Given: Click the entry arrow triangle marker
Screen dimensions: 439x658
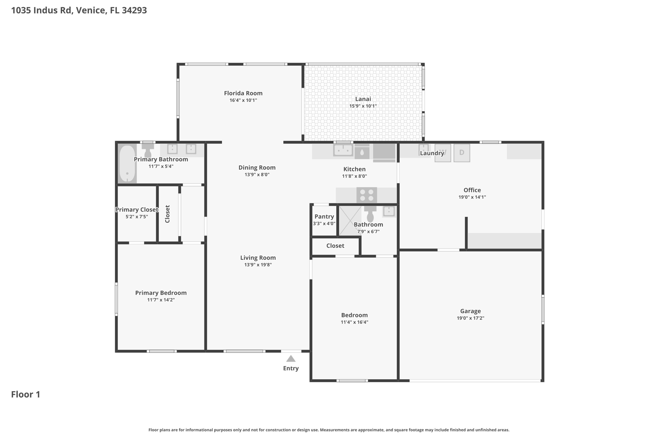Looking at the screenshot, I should tap(291, 359).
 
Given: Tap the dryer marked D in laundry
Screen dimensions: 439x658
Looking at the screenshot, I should tap(462, 153).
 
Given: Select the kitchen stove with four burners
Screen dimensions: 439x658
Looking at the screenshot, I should tap(367, 195).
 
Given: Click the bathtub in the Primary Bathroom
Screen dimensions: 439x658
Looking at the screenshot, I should tap(127, 163).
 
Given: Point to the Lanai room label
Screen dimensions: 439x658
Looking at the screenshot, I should tap(363, 99).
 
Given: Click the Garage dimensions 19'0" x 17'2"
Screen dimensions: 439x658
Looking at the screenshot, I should tap(470, 318).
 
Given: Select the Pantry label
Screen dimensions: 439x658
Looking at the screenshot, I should tap(324, 216).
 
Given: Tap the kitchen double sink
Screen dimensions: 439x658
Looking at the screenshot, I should tap(343, 150).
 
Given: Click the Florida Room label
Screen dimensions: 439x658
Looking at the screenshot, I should tap(243, 93).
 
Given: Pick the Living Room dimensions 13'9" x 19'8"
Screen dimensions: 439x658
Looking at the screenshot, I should tap(258, 265).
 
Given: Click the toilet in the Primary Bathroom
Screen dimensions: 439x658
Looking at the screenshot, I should tap(148, 150).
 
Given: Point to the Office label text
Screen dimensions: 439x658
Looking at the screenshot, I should tap(472, 190).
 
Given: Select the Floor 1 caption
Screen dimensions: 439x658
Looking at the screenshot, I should tap(26, 394).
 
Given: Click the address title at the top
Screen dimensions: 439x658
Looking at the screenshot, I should tap(79, 10).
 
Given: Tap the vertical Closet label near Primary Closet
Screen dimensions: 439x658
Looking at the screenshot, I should tap(167, 214).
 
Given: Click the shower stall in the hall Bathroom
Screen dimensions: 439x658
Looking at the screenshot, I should tap(349, 220).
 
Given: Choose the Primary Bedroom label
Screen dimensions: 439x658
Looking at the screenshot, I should tap(161, 293).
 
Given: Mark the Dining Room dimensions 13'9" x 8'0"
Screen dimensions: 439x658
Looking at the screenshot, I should tap(257, 175).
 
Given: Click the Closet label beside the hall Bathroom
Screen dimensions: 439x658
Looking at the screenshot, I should tap(335, 246).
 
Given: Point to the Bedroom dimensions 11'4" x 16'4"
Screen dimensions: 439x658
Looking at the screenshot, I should tap(354, 322).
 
